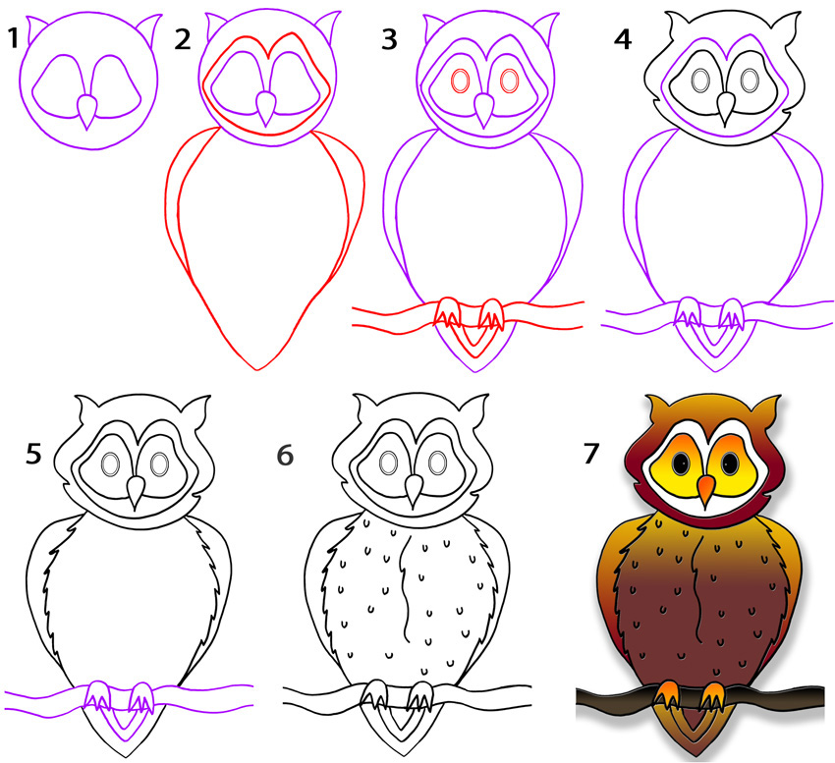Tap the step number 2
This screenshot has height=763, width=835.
tap(183, 39)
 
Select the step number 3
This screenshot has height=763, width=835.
tap(390, 39)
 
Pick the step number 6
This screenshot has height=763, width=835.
tap(285, 456)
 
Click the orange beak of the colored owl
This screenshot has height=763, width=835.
tap(705, 487)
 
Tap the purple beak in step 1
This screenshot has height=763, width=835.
tap(88, 111)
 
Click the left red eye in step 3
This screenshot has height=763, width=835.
tap(458, 80)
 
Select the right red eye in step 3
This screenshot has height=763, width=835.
tap(508, 80)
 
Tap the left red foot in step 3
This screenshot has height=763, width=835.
tap(447, 315)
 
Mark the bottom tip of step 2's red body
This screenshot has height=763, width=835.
tap(257, 369)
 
